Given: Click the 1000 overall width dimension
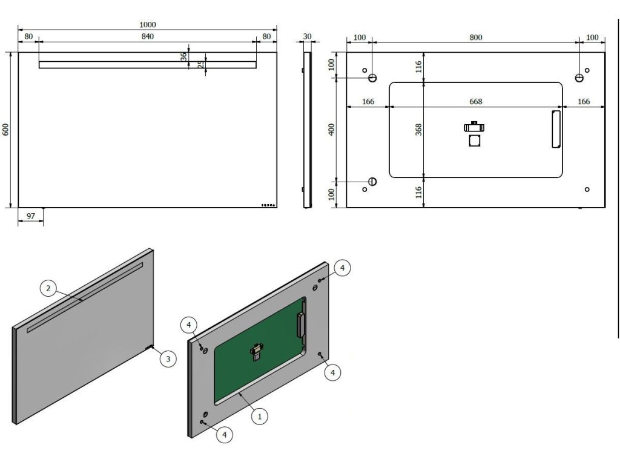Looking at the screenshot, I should point(148,25).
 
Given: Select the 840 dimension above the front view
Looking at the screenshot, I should point(148,36).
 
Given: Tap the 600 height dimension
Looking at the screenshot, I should point(5,130).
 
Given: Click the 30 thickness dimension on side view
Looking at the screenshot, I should point(307,36).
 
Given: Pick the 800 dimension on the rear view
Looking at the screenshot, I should point(476,38).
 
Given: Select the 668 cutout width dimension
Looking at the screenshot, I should point(476,102).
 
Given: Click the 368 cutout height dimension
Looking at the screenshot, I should point(418,130).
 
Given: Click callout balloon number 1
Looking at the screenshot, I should point(259,417).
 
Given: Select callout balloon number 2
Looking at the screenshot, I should point(48,289).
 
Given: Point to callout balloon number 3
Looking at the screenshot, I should point(168,359).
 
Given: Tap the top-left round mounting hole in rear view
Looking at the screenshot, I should point(373,78).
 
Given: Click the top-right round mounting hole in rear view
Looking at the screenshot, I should point(579,78).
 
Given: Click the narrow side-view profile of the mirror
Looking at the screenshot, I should point(307,130).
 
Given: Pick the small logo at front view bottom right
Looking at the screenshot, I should point(268,205).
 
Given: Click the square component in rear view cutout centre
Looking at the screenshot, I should point(474,140).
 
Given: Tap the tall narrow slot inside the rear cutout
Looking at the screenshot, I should point(556,129).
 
